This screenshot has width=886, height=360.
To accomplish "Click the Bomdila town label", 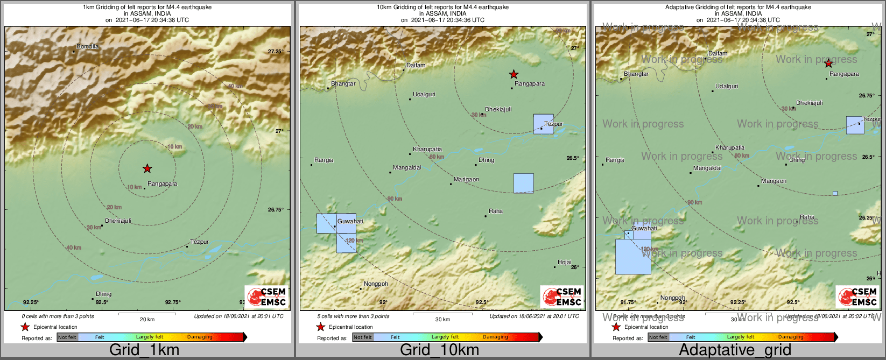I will tap(87, 47).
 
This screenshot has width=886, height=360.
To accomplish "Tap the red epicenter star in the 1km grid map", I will tap(147, 168).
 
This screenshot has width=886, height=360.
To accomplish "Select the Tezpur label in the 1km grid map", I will tap(199, 242).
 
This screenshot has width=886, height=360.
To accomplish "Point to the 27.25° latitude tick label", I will tap(276, 52).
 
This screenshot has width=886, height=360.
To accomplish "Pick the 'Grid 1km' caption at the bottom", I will tap(144, 350).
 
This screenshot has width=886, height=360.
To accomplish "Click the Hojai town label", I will tap(564, 263).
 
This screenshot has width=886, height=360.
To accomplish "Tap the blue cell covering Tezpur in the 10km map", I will tap(543, 124).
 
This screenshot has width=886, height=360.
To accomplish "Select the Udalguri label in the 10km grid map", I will tap(424, 95).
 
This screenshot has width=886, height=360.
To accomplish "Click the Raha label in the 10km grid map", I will tap(495, 211).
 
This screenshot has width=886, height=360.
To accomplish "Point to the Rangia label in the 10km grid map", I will tap(324, 160).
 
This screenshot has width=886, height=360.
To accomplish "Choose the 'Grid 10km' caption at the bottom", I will tap(439, 350).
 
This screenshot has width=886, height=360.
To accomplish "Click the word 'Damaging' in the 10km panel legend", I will tap(495, 337).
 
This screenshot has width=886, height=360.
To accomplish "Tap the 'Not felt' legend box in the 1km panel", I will tap(67, 337).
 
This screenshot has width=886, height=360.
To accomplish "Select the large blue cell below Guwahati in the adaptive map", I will tap(632, 257).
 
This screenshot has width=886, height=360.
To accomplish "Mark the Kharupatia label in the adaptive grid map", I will tap(729, 148).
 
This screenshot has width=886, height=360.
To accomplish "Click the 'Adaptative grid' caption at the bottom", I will tap(735, 350).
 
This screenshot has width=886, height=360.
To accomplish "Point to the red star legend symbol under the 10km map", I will tap(320, 327).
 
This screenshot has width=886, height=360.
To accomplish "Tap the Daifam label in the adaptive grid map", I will tap(718, 54).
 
